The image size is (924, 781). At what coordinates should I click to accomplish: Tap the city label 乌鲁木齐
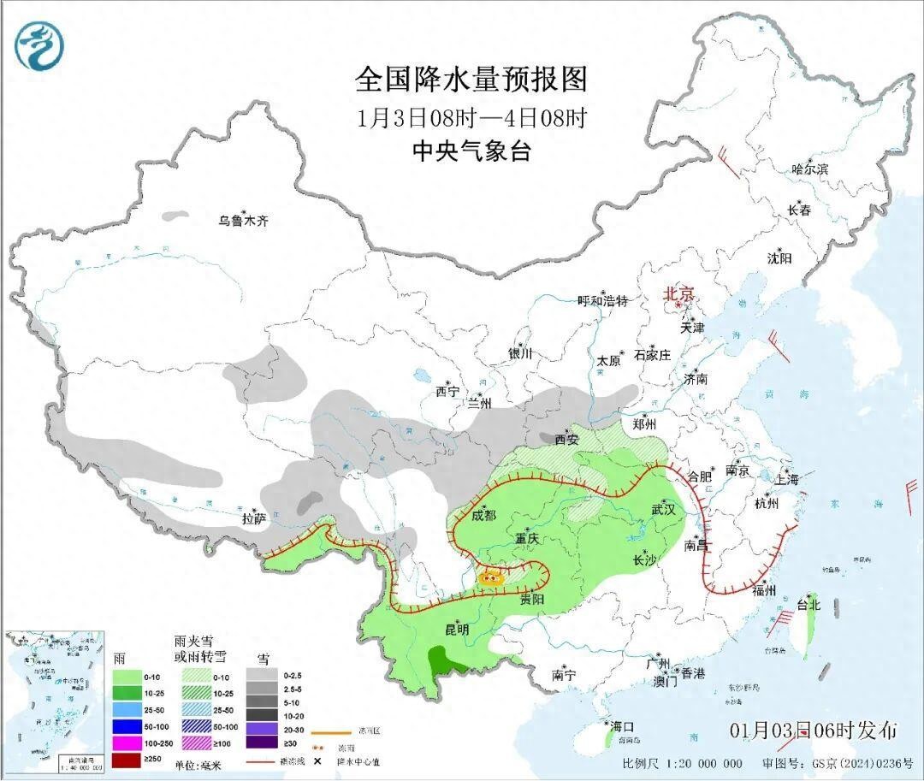[243, 221]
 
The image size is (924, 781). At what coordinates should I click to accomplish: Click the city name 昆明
[457, 629]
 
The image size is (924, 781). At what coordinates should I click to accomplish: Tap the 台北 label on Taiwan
[808, 605]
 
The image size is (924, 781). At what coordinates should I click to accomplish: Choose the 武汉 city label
[663, 509]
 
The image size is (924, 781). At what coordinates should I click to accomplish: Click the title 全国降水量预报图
[471, 80]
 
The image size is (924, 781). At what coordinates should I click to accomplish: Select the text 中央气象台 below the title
[471, 151]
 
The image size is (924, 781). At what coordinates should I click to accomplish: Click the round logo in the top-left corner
[39, 47]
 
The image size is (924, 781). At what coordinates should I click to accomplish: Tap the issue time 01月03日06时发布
[814, 731]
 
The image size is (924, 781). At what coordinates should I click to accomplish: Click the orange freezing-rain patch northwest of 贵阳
[491, 577]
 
